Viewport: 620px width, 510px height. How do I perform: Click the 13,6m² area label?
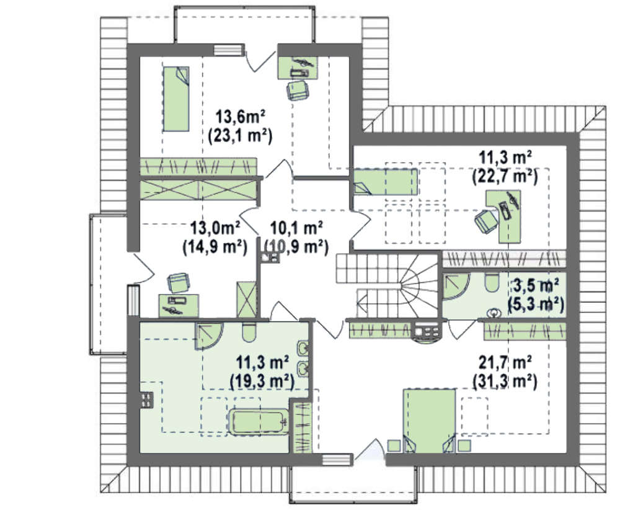coord(239,117)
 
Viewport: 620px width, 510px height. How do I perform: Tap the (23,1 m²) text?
coord(240,136)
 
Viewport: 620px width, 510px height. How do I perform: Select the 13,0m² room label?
coord(215,228)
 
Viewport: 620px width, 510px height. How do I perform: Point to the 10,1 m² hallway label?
coord(296,228)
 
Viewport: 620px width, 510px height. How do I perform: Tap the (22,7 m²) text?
coord(505,176)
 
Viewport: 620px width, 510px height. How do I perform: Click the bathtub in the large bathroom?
coord(258,422)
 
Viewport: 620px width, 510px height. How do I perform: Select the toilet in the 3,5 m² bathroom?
coord(492,282)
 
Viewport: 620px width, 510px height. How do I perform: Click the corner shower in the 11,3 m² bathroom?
coord(208,336)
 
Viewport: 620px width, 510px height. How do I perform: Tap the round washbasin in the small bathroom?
coord(494,313)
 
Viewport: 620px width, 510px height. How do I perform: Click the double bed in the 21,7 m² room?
coord(429,421)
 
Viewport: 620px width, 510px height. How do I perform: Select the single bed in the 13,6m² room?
coord(176,99)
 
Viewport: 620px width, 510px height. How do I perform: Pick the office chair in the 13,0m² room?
coord(179,282)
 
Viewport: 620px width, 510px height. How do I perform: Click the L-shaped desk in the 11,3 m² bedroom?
coord(505,216)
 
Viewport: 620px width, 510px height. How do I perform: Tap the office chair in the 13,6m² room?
coord(298,91)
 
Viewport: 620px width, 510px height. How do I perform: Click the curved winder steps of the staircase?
coord(418,284)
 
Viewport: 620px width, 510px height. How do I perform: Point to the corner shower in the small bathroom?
coord(456,286)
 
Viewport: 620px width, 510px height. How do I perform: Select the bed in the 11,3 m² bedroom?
coord(385,182)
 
